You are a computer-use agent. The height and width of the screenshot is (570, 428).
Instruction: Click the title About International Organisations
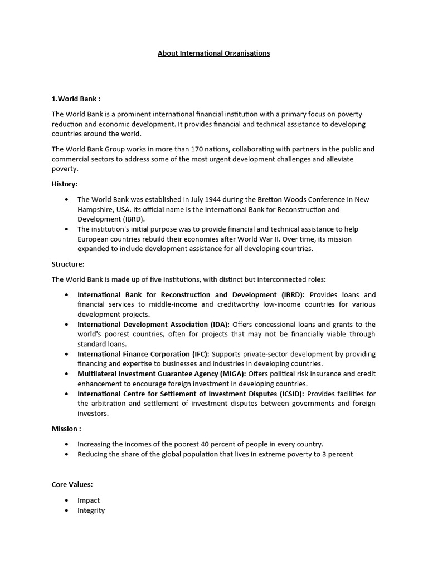tap(213, 53)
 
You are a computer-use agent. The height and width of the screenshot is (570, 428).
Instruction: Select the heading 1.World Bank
tap(76, 99)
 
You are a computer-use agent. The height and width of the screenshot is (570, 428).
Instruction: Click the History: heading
tap(65, 184)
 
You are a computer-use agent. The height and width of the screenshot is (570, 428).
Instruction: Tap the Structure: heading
tap(68, 264)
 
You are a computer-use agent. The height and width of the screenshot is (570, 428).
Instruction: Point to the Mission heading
tap(66, 429)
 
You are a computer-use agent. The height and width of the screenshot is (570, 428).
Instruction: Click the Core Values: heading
tap(72, 485)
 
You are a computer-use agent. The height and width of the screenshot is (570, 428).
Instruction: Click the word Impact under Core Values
tap(89, 500)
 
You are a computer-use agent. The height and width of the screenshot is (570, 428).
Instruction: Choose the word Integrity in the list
tap(91, 510)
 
